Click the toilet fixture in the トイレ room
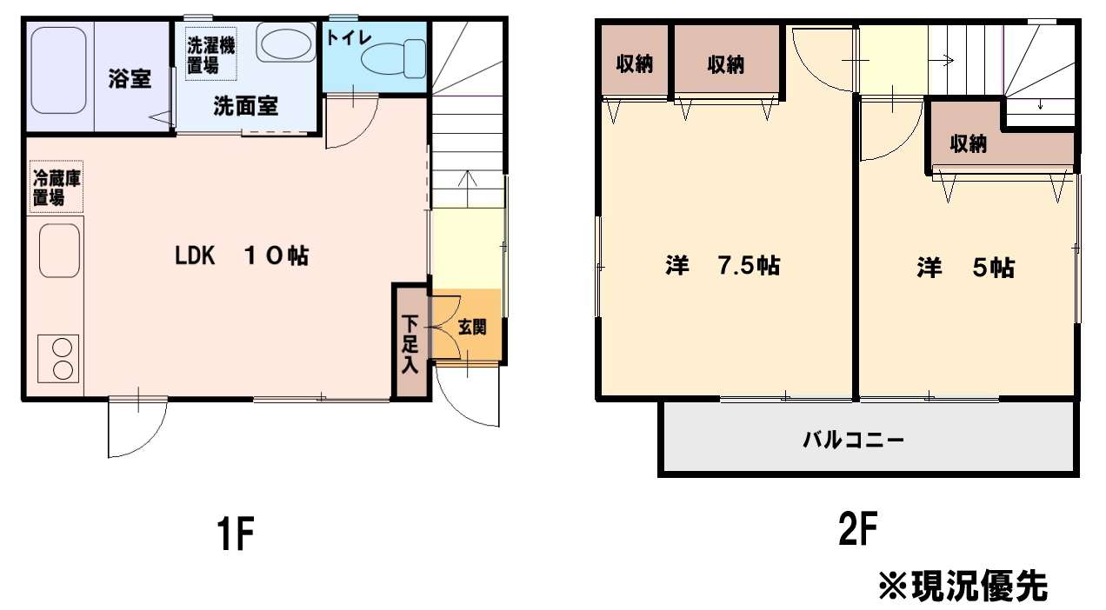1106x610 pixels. [x=393, y=58]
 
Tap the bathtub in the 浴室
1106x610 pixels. [x=59, y=70]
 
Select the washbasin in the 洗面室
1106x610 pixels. [x=286, y=43]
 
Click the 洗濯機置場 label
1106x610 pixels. [x=210, y=54]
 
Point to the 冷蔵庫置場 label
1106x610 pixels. [x=57, y=187]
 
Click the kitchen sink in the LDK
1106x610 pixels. [x=59, y=251]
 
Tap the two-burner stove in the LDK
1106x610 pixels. [x=58, y=359]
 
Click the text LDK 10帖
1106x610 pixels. [x=242, y=255]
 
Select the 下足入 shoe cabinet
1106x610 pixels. [x=410, y=341]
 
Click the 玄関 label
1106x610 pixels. [x=472, y=328]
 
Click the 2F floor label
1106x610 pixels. [x=858, y=528]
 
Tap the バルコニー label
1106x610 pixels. [x=853, y=439]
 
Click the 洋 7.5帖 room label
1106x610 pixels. [x=723, y=266]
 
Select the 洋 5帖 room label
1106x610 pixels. [x=966, y=268]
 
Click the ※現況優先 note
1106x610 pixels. [x=963, y=587]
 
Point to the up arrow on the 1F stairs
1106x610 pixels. [x=467, y=189]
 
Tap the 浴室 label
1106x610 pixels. [x=130, y=79]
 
